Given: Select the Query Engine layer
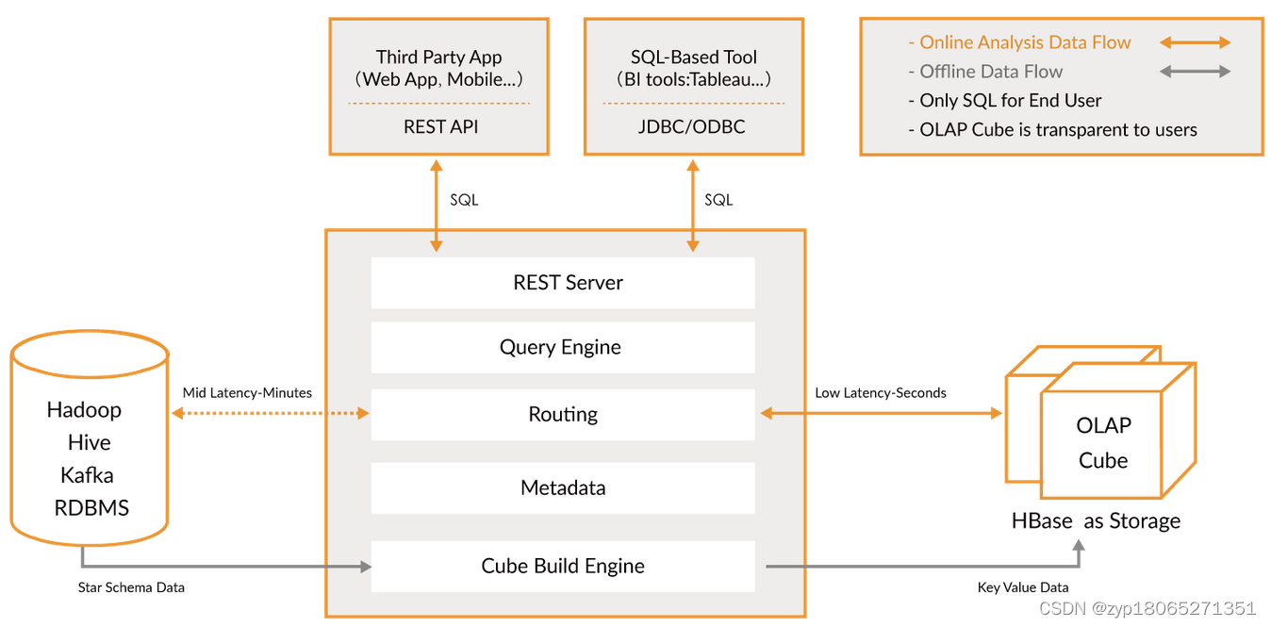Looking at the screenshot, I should point(563,347).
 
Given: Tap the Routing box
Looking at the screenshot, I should point(563,414).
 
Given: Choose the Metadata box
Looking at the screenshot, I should point(563,487).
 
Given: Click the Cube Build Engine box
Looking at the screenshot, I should point(563,566).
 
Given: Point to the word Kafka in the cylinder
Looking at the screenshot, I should point(88,474).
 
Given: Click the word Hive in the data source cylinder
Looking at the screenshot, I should point(89,442).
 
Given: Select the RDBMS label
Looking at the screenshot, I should point(91,507).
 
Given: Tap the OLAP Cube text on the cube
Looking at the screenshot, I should point(1103,442).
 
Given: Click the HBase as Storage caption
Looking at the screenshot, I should point(1096,520).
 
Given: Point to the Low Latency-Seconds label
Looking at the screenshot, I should point(881,392).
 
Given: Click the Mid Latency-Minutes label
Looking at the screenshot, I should point(247,392).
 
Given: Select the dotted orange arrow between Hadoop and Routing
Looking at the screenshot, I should point(270,413).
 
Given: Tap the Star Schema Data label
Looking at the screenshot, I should point(131,587).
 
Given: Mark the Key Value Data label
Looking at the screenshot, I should point(1023,587).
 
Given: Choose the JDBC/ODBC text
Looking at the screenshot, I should point(693,126).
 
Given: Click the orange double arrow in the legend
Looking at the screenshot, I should point(1195,42).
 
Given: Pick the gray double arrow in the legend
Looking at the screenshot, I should point(1195,72).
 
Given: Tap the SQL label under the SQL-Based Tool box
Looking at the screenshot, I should point(718,200).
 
